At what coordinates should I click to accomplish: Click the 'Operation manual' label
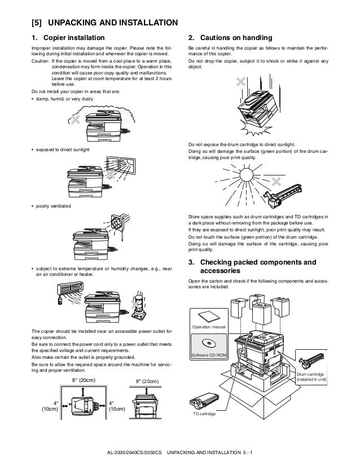pos(208,327)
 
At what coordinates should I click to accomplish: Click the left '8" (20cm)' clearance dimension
pos(85,381)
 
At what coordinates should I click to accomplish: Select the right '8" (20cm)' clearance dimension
pos(148,382)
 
